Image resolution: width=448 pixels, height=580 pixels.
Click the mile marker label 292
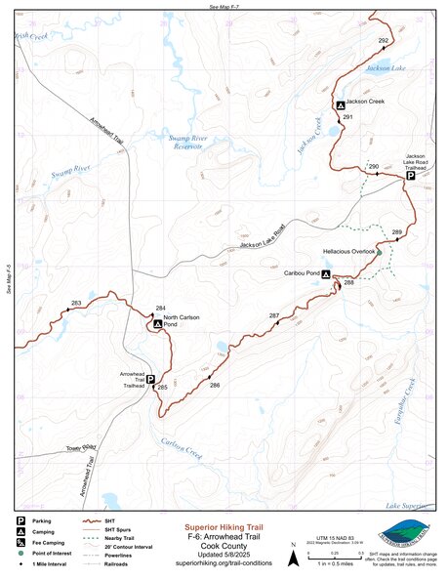[x=383, y=40]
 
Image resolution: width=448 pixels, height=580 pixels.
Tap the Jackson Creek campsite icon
[x=340, y=104]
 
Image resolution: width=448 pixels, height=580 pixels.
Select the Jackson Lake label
[x=385, y=69]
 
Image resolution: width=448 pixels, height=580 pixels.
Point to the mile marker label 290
[x=373, y=168]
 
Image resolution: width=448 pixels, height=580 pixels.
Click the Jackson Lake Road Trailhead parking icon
[x=411, y=177]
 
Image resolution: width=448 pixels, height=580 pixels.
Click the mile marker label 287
[x=274, y=315]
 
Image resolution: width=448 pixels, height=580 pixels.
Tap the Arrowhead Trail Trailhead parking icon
[x=150, y=381]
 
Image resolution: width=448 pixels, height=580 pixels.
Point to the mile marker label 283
[x=75, y=304]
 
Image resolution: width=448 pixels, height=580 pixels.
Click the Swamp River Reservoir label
[x=188, y=143]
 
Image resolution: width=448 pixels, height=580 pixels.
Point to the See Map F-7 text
[x=224, y=6]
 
